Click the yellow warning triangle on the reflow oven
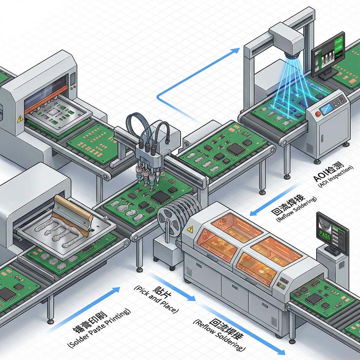click(190, 229)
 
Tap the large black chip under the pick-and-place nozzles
click(161, 197)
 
